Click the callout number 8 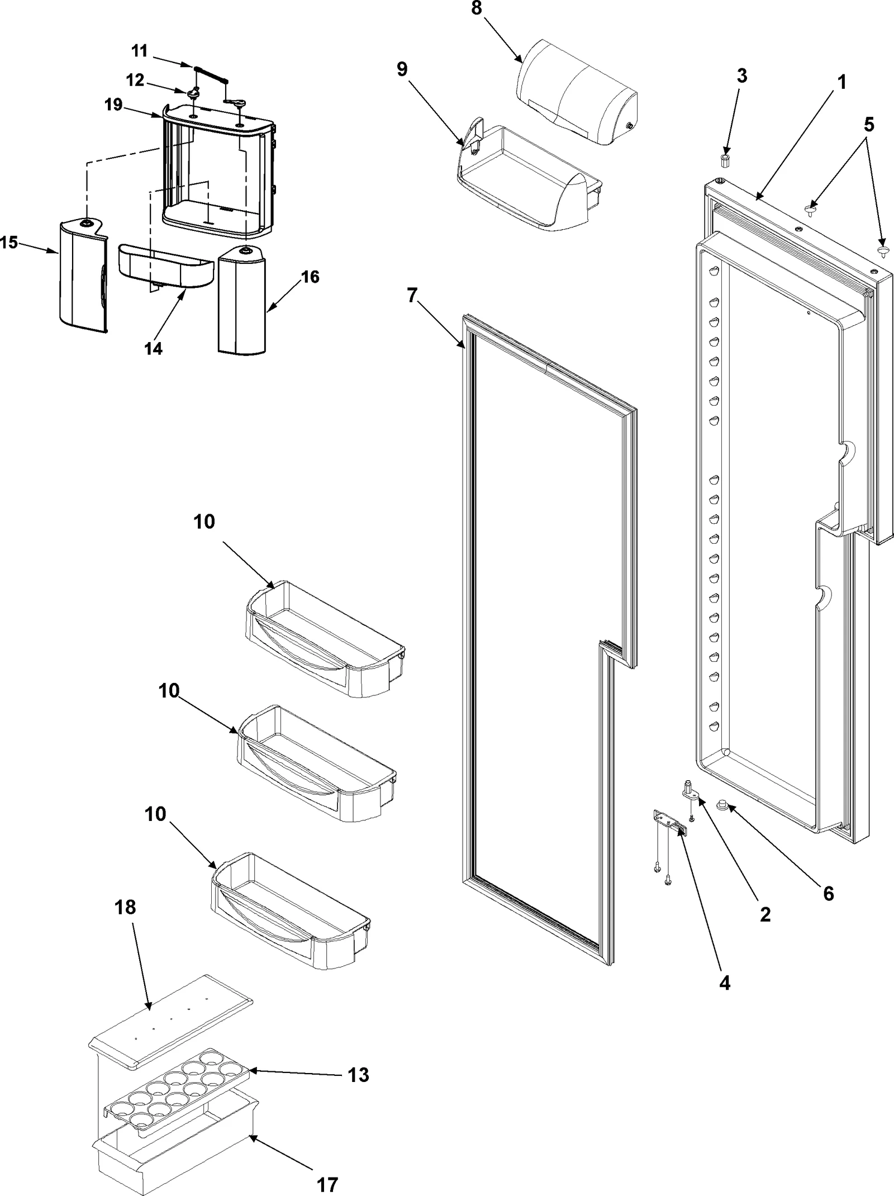click(x=476, y=10)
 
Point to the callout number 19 click(x=113, y=105)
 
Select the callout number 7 click(x=412, y=295)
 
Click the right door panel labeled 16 click(x=242, y=302)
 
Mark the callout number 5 click(x=868, y=124)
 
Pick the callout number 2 click(x=765, y=914)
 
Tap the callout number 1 click(x=841, y=82)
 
